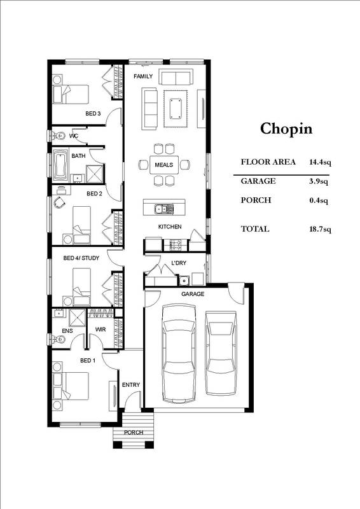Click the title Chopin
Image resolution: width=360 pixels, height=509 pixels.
tap(286, 129)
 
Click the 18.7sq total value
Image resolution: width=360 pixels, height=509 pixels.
tap(318, 229)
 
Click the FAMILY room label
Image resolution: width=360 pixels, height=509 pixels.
tap(142, 76)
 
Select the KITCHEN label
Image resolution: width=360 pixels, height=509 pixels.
tap(170, 227)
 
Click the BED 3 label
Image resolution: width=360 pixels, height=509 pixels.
tap(93, 114)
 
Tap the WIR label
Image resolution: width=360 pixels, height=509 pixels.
tap(100, 330)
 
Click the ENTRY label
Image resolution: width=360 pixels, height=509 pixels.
tap(130, 385)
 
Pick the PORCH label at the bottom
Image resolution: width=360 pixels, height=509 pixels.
tap(134, 433)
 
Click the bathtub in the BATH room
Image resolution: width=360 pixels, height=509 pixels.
tap(61, 164)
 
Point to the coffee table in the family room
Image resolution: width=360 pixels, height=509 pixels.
tap(176, 104)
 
